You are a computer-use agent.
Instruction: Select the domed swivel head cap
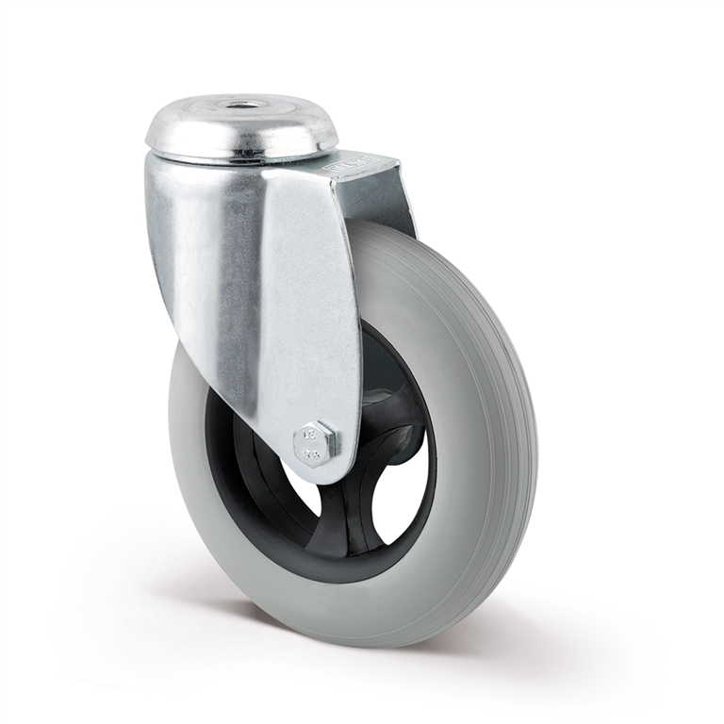coord(241,127)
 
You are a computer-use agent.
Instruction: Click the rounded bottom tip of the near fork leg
coord(321,471)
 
